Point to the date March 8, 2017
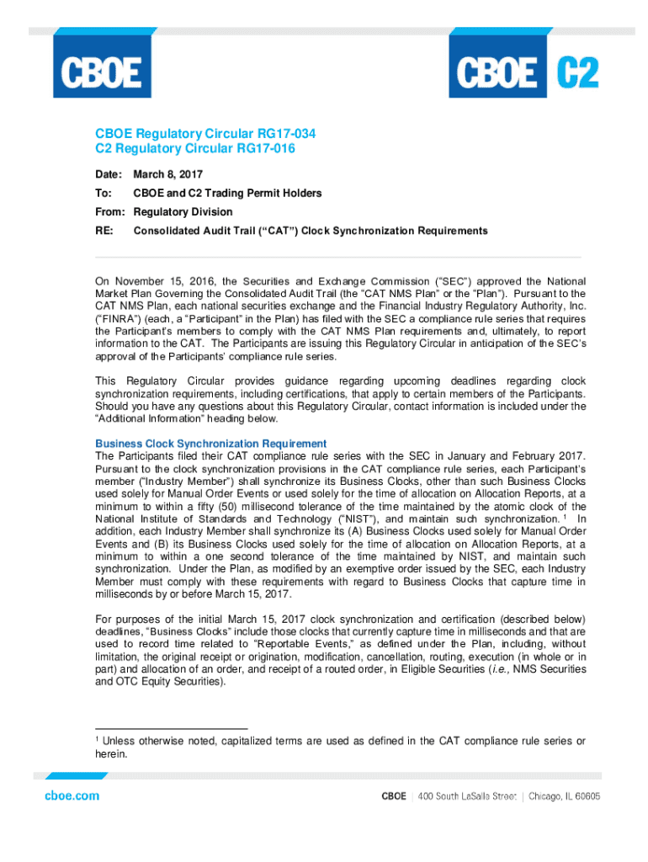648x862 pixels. click(x=169, y=174)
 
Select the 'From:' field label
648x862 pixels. click(x=109, y=211)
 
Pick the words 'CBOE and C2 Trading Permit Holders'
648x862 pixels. click(x=227, y=193)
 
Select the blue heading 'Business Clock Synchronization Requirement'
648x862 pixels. click(x=210, y=444)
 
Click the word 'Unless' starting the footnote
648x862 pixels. click(x=124, y=742)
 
